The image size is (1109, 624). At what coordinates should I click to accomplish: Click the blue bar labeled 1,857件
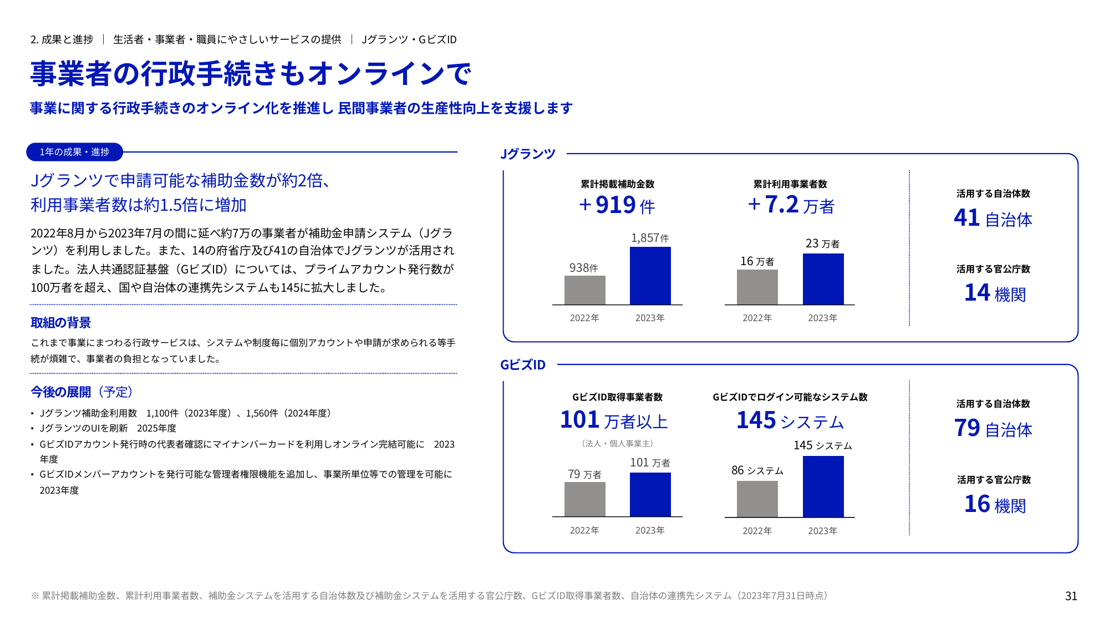click(650, 276)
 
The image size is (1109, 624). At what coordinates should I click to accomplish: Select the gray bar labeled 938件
click(584, 290)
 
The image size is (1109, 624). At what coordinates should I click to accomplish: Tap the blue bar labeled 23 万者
click(823, 279)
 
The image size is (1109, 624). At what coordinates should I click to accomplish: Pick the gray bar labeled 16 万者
click(757, 287)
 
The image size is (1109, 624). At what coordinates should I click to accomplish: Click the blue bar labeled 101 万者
click(650, 494)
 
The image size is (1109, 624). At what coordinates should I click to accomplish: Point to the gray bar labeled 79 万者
click(584, 499)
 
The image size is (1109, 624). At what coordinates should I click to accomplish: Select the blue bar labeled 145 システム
click(823, 486)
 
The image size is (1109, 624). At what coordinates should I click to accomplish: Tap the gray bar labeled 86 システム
click(757, 499)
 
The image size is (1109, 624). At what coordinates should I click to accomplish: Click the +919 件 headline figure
click(617, 205)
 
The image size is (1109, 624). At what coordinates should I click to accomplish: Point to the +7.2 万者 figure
click(790, 205)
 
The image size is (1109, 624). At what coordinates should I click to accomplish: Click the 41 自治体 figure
click(993, 218)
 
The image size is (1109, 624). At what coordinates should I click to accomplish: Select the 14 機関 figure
click(995, 293)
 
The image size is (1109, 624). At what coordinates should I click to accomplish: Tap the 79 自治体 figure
click(993, 428)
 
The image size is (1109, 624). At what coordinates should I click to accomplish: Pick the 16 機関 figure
click(995, 504)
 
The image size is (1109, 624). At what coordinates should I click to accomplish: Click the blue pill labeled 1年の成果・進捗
click(74, 152)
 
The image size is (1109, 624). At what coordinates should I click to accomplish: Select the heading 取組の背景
click(60, 323)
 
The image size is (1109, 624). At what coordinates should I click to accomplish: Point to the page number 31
click(1071, 596)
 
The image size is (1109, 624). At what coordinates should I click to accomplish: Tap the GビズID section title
click(523, 364)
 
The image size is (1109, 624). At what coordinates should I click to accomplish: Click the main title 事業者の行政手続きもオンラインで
click(251, 74)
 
